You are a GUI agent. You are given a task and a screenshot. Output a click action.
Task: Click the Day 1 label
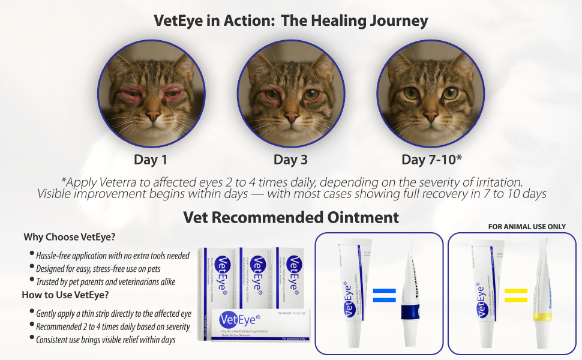coord(150,160)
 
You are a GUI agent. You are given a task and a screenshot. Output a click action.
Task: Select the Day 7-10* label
coord(431,160)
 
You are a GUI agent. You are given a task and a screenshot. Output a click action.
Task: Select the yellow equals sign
coord(515,295)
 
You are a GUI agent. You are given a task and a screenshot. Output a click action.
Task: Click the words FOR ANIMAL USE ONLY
coord(527,227)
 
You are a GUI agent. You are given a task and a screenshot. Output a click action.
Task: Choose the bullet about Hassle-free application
coord(112,256)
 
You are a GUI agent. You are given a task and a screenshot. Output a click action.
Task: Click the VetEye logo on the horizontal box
coord(241,319)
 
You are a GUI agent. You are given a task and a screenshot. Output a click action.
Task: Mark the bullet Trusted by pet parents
coord(105,281)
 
